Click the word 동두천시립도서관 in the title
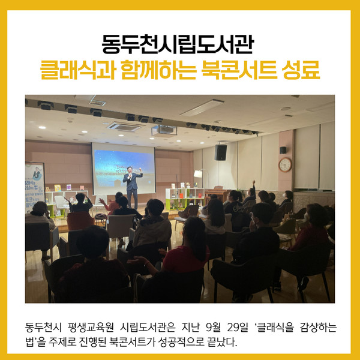pyautogui.click(x=178, y=44)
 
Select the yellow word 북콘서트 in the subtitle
pyautogui.click(x=239, y=70)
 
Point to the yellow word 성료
pyautogui.click(x=301, y=70)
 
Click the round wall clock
pyautogui.click(x=285, y=164)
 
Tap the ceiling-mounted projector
pyautogui.click(x=164, y=130)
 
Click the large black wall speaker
pyautogui.click(x=221, y=152)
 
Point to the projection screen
pyautogui.click(x=124, y=169)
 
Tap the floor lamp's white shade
pyautogui.click(x=197, y=174)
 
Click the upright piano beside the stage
pyautogui.click(x=217, y=194)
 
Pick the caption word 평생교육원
pyautogui.click(x=91, y=327)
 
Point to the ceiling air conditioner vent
pyautogui.click(x=124, y=127)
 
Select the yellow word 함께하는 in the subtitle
pyautogui.click(x=158, y=70)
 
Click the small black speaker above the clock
pyautogui.click(x=283, y=150)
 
